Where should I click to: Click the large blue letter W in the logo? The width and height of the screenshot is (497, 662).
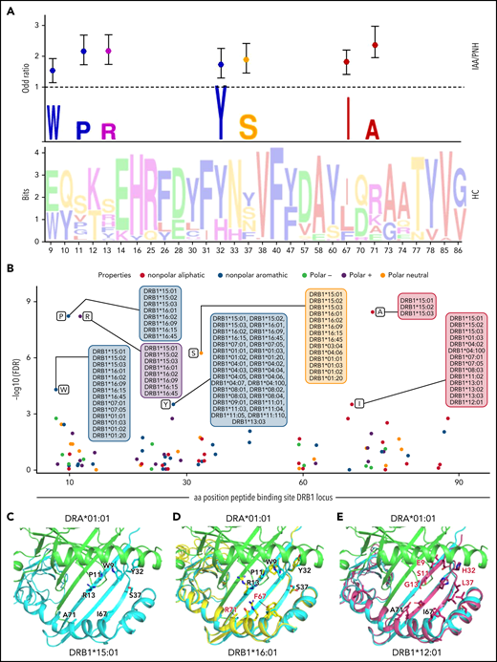point(54,119)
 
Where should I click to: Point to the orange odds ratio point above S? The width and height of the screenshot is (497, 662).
point(247,59)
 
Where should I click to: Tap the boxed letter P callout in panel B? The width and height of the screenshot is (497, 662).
point(60,315)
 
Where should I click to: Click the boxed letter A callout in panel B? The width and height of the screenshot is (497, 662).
point(379,311)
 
